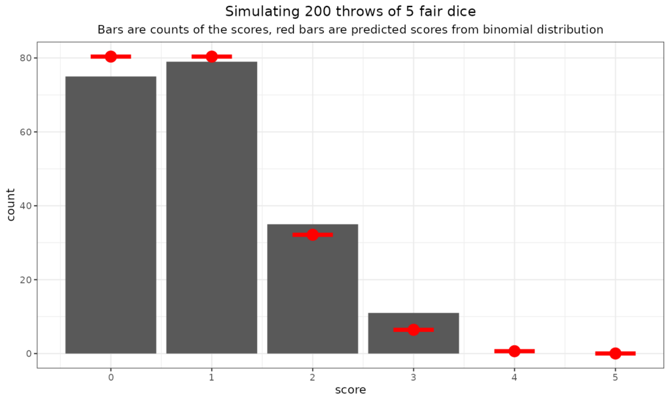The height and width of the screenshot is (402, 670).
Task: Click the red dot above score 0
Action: pos(111,56)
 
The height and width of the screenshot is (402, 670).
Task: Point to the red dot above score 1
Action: pos(211,56)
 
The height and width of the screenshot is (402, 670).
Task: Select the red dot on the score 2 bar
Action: pos(313,234)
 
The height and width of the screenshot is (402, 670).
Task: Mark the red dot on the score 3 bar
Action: pos(414,329)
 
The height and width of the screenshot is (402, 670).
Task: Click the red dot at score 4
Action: pos(514,351)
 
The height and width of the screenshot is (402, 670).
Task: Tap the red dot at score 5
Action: pos(615,354)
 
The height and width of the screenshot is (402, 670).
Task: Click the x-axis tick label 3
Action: pos(414,376)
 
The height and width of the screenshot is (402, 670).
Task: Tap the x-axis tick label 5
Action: pos(615,376)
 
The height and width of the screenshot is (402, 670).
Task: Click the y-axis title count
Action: pos(11,204)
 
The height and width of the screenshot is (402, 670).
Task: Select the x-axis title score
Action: pos(350,390)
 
